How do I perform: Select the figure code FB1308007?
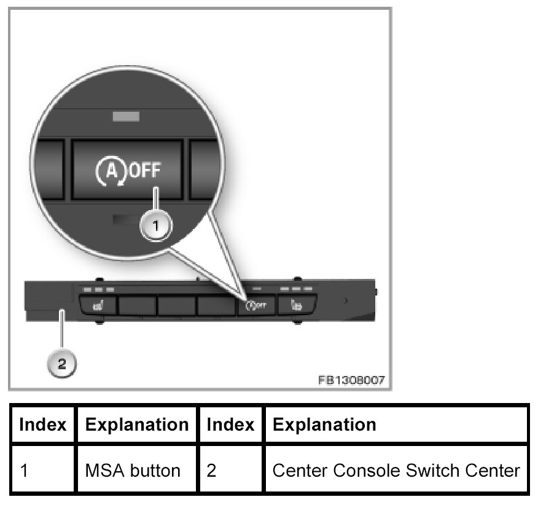click(x=351, y=380)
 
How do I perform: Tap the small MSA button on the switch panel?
click(x=255, y=304)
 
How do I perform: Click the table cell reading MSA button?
click(x=133, y=471)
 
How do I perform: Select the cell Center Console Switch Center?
click(x=396, y=471)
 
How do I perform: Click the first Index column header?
click(x=43, y=425)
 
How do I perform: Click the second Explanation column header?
click(x=324, y=425)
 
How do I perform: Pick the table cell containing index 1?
click(x=43, y=471)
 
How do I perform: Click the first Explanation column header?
click(x=137, y=425)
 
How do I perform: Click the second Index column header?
click(x=230, y=425)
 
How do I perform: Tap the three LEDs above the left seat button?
click(x=98, y=289)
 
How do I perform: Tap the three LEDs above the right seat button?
click(x=297, y=288)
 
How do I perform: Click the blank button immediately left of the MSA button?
click(x=216, y=305)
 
